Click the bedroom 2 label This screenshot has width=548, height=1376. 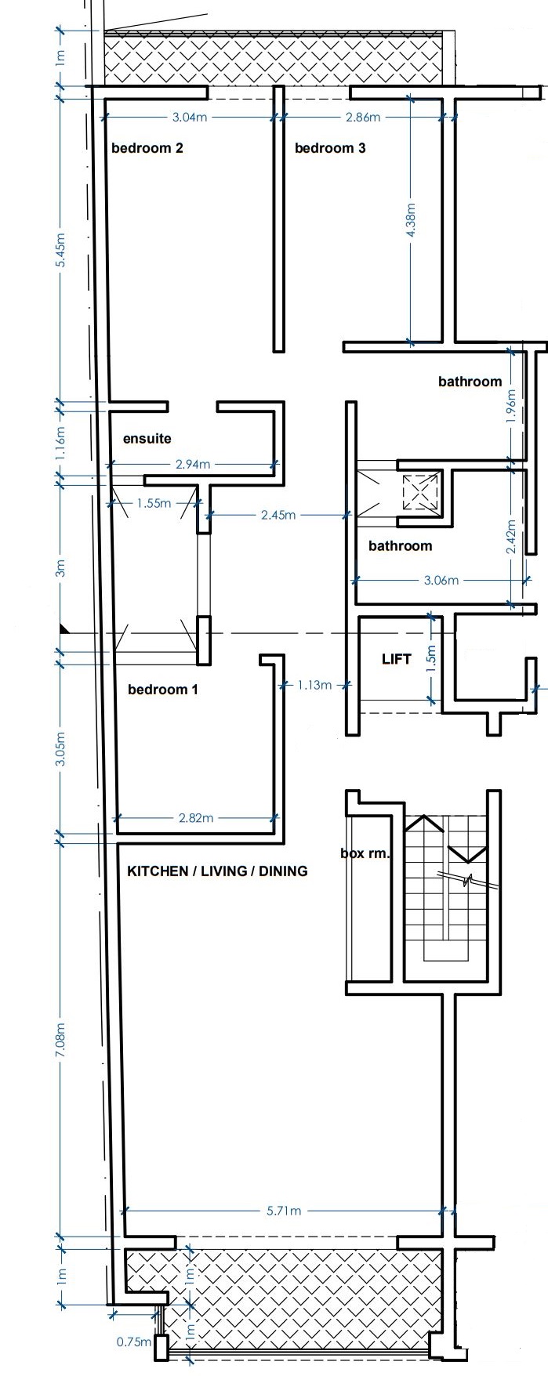[147, 147]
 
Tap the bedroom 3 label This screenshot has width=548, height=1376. [330, 147]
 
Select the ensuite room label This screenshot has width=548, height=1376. [147, 439]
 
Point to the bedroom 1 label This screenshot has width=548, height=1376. [163, 690]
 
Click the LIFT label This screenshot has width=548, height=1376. [396, 659]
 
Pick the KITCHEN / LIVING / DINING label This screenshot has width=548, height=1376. [217, 871]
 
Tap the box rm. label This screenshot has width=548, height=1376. [365, 853]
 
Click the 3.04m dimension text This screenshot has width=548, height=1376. [190, 118]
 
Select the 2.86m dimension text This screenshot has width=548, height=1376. [363, 118]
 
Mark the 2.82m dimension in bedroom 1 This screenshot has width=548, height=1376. [196, 818]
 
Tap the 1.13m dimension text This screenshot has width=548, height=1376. [314, 686]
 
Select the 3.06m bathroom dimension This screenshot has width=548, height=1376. [441, 581]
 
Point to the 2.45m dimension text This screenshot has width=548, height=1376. [278, 515]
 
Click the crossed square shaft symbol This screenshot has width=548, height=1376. [419, 493]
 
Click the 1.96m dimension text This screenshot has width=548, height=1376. [512, 407]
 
